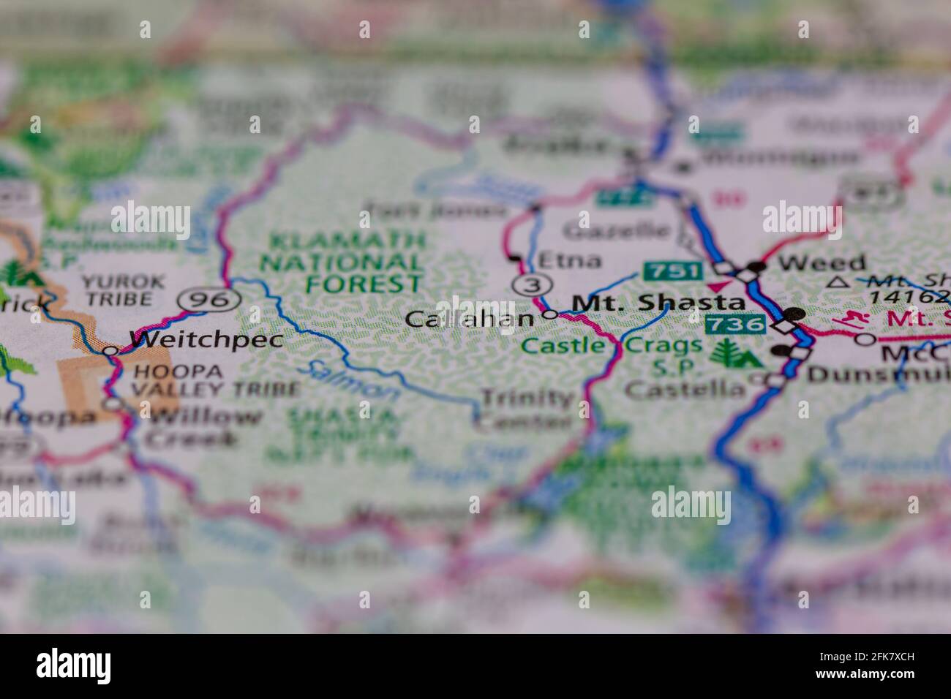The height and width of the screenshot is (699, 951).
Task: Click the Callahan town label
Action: coord(469,319)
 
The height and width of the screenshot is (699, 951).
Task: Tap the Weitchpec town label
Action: coord(206,339)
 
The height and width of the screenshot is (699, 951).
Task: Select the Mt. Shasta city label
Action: coord(658,302)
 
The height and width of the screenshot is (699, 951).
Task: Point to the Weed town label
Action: coord(822,262)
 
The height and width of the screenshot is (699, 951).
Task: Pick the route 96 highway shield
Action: coord(210,298)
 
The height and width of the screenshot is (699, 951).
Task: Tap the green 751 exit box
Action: coord(672,271)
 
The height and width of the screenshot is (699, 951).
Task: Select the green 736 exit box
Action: coord(735,322)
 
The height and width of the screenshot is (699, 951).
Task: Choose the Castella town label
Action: coord(685,388)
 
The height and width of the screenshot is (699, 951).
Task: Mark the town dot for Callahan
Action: coord(551,315)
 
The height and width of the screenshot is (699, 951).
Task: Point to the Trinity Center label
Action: coord(526,409)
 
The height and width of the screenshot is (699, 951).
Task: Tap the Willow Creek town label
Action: coord(202,428)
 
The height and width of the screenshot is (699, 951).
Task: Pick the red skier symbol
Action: coord(849,319)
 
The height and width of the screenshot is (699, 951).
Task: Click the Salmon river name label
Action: coord(352,380)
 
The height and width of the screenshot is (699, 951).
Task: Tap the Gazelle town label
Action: coord(617,231)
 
